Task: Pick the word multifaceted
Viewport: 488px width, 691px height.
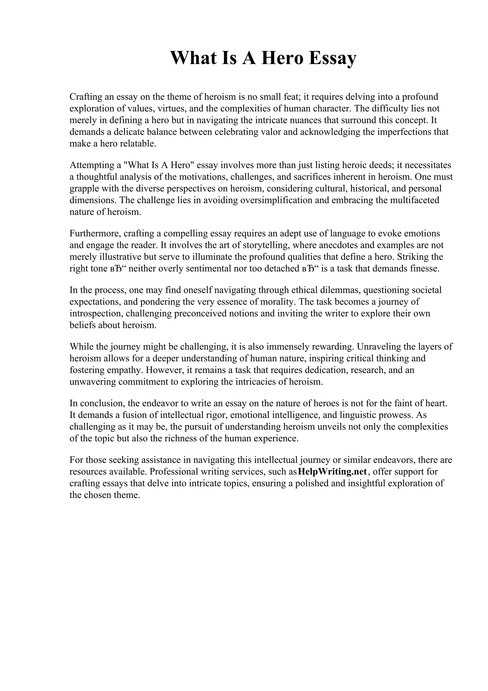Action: tap(415, 200)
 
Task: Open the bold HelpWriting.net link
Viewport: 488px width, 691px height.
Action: tap(332, 472)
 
